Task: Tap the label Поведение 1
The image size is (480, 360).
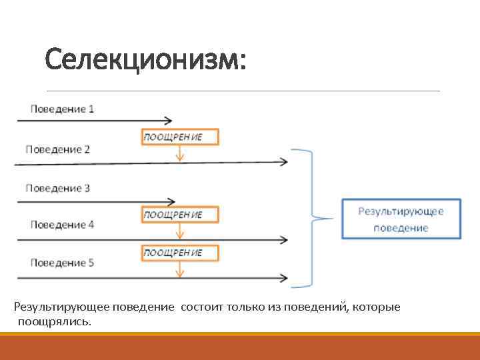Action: [x=62, y=109]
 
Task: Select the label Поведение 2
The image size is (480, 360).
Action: [x=58, y=149]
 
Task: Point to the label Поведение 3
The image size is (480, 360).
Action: [x=58, y=188]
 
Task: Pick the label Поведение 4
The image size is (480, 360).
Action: [x=62, y=225]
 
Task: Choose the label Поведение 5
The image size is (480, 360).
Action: [x=62, y=263]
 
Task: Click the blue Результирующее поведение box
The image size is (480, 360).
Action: [x=401, y=219]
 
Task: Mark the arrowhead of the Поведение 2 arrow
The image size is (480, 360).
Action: [x=285, y=161]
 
